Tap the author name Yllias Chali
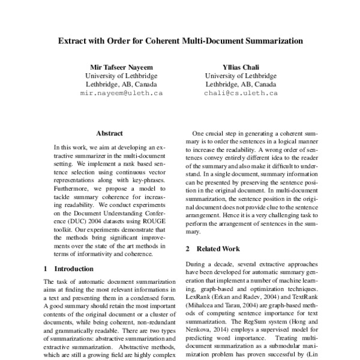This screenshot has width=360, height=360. click(240, 67)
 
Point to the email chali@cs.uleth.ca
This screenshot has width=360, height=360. click(240, 94)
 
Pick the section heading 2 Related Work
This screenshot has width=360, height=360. click(212, 248)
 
